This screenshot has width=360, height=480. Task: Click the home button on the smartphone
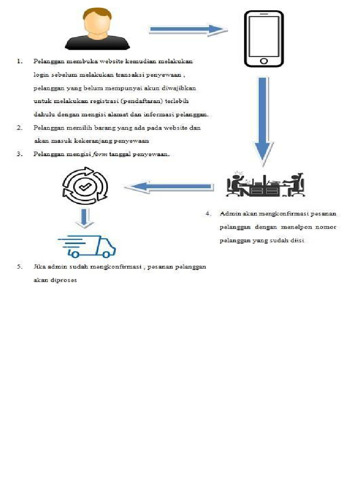tap(263, 61)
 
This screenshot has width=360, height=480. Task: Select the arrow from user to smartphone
tap(187, 30)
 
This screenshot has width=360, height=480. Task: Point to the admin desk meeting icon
tap(265, 185)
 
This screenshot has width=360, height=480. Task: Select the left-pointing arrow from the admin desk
tap(169, 187)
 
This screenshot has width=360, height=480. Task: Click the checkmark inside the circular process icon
tap(85, 187)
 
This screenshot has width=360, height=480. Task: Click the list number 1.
tap(20, 61)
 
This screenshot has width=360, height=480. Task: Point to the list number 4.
tap(209, 214)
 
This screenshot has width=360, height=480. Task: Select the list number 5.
tap(20, 267)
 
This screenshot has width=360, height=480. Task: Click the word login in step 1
tap(41, 75)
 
